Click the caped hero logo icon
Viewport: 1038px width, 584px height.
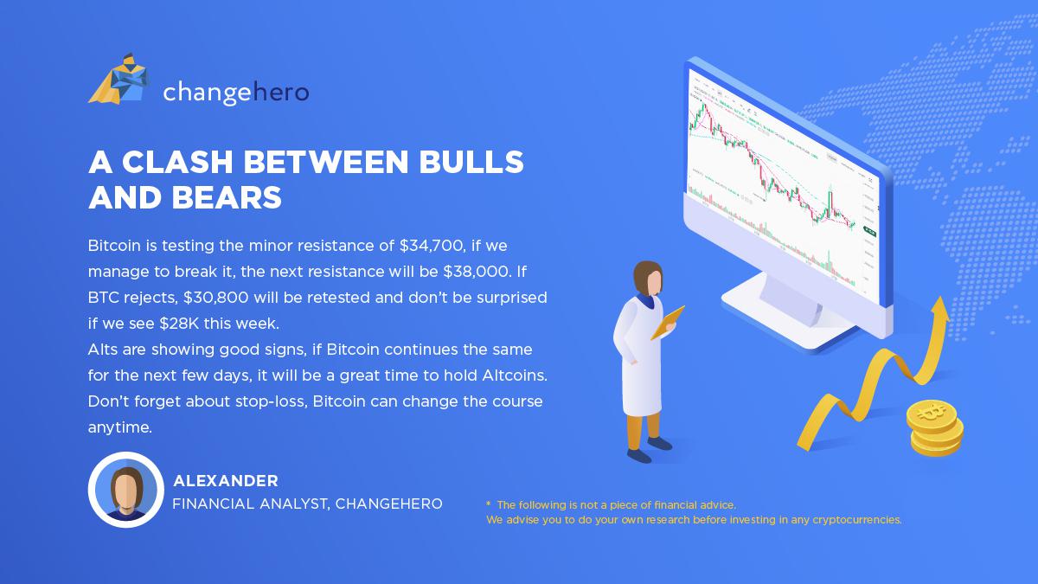tap(119, 79)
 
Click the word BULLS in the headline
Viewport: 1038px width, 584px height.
tap(471, 162)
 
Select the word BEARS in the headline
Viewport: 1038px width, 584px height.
tap(227, 197)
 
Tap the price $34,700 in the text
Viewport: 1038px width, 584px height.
tap(432, 246)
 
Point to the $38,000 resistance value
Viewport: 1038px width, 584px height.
tap(477, 272)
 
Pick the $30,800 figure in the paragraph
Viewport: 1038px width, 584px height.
tap(216, 298)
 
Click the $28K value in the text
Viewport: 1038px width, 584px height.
tap(179, 324)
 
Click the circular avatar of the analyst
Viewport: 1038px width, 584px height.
tap(126, 490)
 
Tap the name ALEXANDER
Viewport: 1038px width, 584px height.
tap(226, 481)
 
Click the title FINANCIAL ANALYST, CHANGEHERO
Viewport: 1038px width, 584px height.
tap(308, 504)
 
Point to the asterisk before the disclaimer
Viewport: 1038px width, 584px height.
tap(489, 504)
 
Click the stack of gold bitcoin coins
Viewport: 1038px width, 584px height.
tap(935, 427)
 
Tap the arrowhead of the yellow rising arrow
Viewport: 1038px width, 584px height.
tap(939, 309)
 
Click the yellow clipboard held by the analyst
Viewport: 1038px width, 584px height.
tap(668, 322)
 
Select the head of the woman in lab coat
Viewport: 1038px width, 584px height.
tap(648, 278)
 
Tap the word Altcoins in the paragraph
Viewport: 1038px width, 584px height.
tap(515, 375)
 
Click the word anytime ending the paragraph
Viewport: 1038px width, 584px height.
tap(120, 427)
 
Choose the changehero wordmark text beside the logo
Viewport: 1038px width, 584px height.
tap(236, 93)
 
